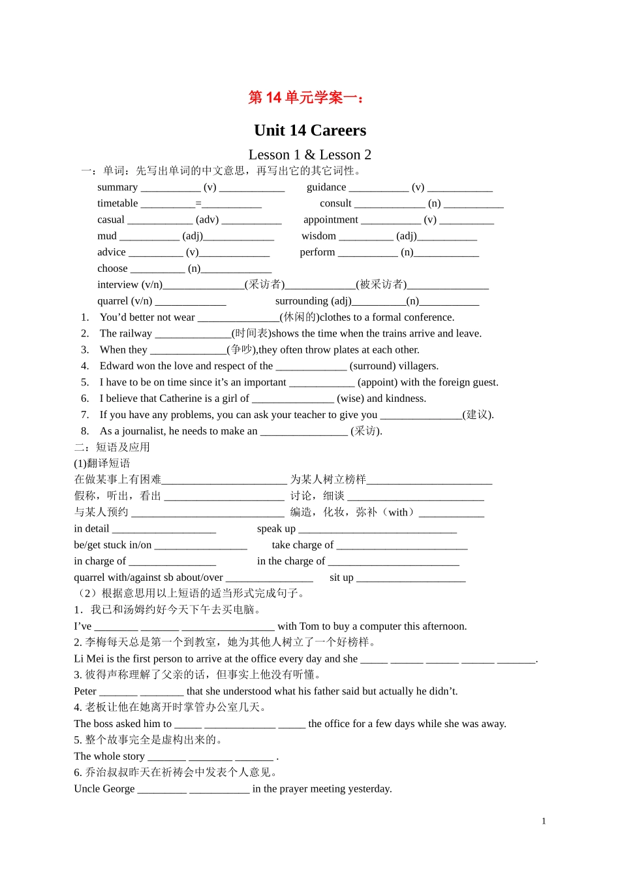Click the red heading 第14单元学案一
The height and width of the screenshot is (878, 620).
coord(306,98)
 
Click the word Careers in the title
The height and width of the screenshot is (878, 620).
coord(338,131)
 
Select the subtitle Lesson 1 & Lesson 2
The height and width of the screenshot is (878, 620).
coord(309,155)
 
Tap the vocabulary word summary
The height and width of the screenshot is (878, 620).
coord(117,187)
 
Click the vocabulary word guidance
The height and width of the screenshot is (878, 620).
coord(326,187)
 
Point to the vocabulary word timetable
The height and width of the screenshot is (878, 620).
coord(117,204)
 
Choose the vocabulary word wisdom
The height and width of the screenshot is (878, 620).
coord(318,236)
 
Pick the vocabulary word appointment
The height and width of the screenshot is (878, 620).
coord(330,220)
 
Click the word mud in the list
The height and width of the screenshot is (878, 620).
coord(107,236)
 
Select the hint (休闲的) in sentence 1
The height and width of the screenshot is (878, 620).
coord(299,317)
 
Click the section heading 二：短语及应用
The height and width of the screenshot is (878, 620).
coord(112,447)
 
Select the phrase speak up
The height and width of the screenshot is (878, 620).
coord(276,529)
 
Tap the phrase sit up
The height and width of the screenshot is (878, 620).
coord(341,577)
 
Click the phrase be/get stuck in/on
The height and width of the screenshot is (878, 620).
coord(112,545)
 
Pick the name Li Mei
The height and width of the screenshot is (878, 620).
coord(89,659)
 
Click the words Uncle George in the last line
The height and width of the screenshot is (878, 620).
coord(104,789)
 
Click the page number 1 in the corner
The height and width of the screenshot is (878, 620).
coord(544,821)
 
